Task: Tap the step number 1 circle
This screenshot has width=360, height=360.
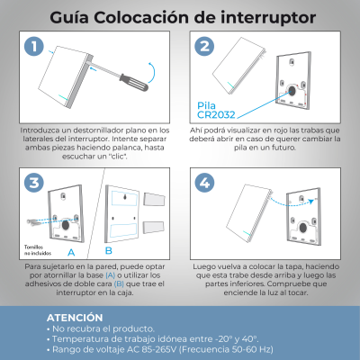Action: tap(34, 47)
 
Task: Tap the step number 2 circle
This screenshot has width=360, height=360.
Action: tap(202, 47)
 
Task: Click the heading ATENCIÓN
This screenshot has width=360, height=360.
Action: tap(79, 318)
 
